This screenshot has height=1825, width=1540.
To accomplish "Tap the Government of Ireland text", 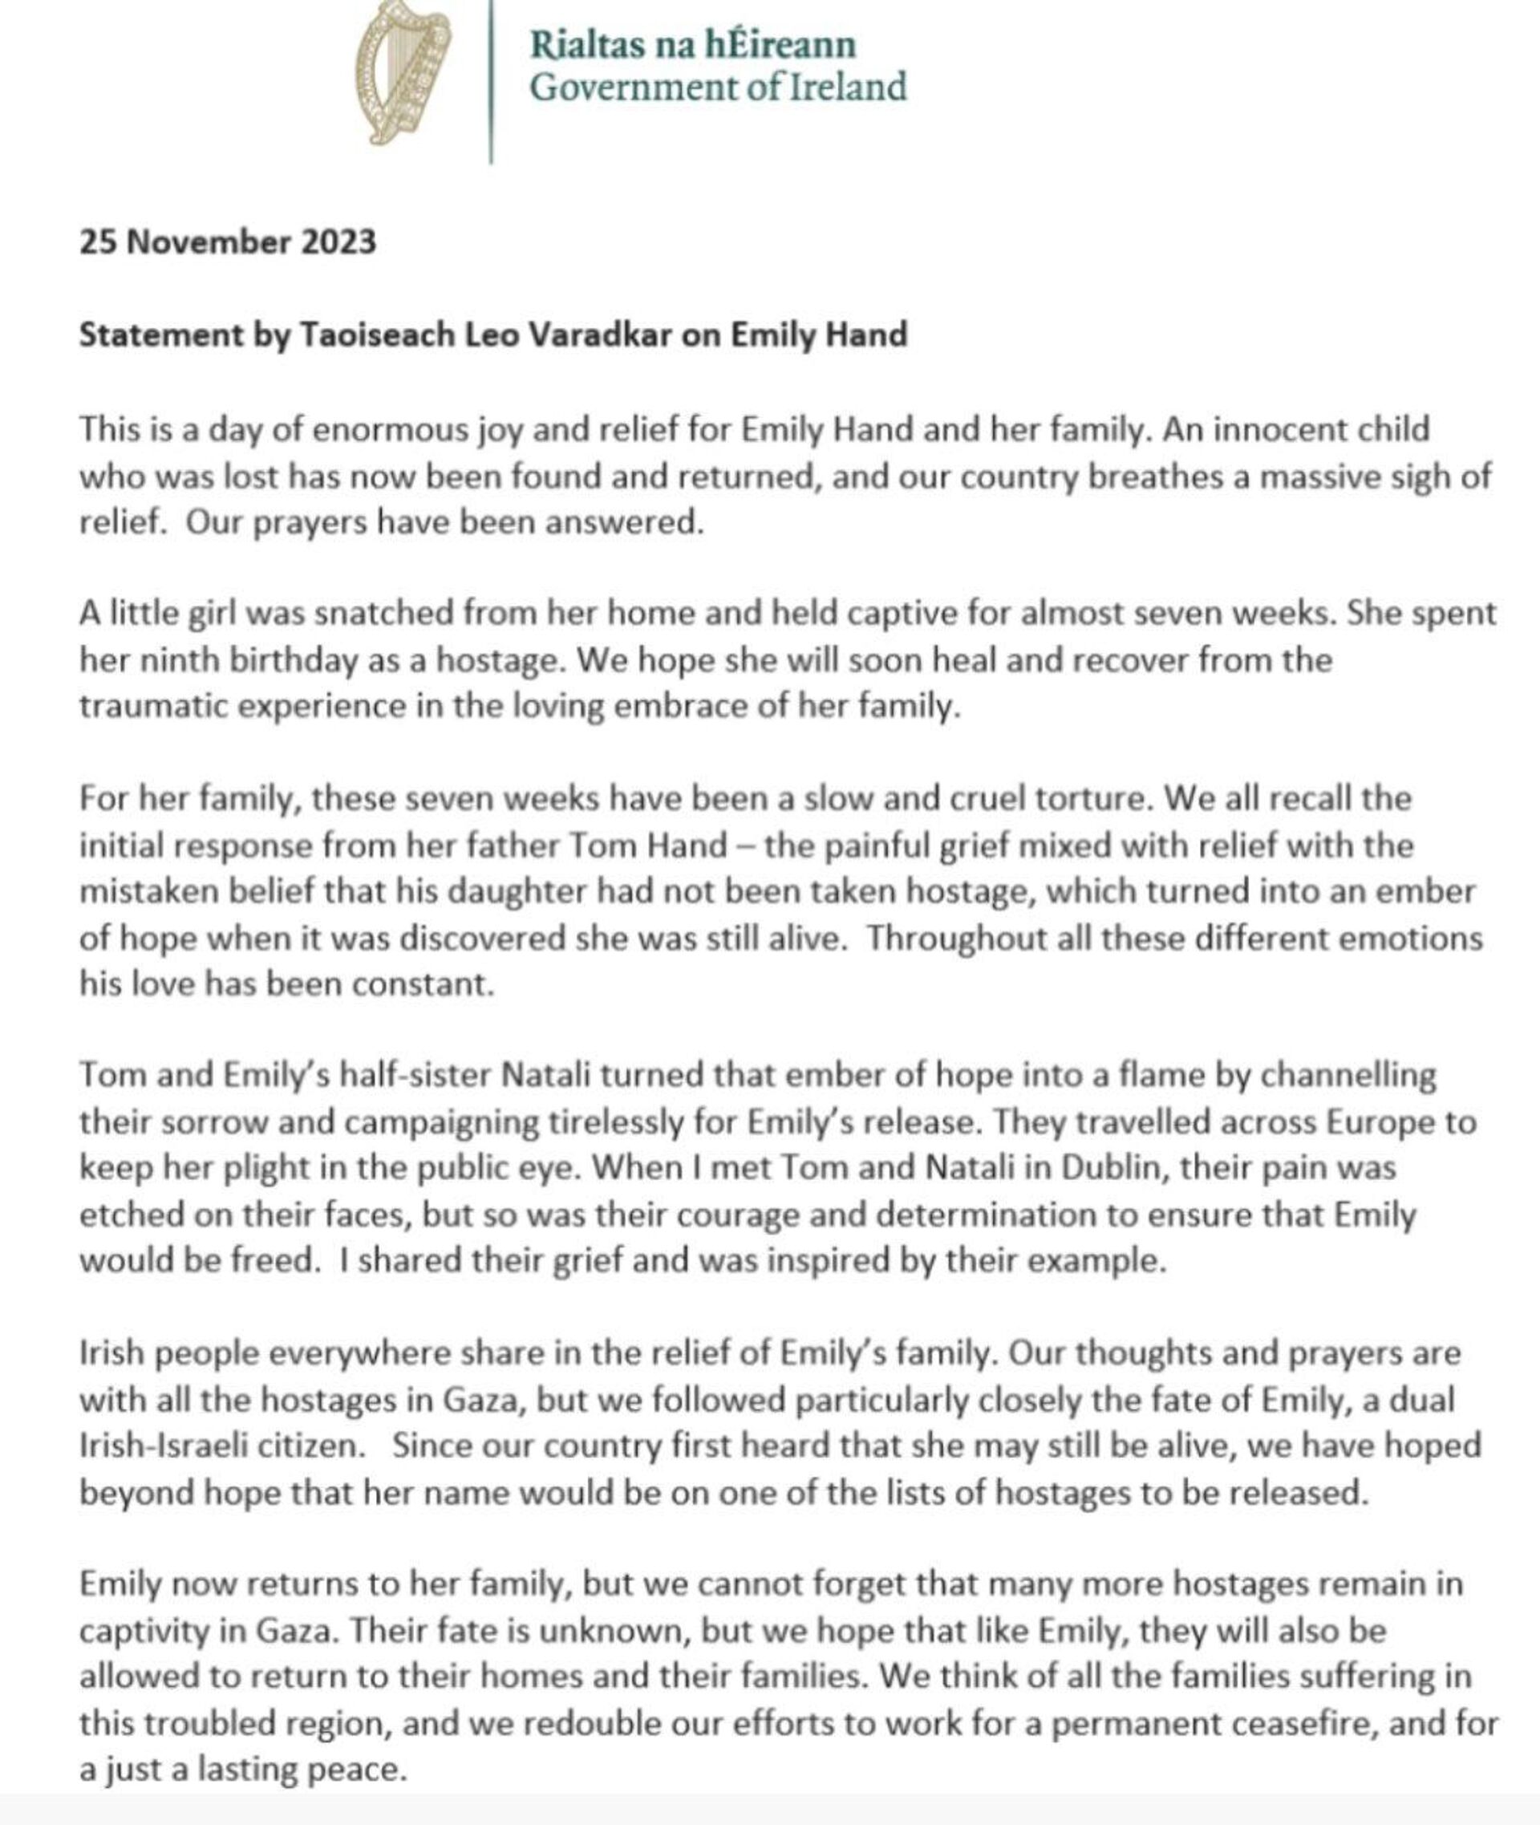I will coord(718,88).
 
